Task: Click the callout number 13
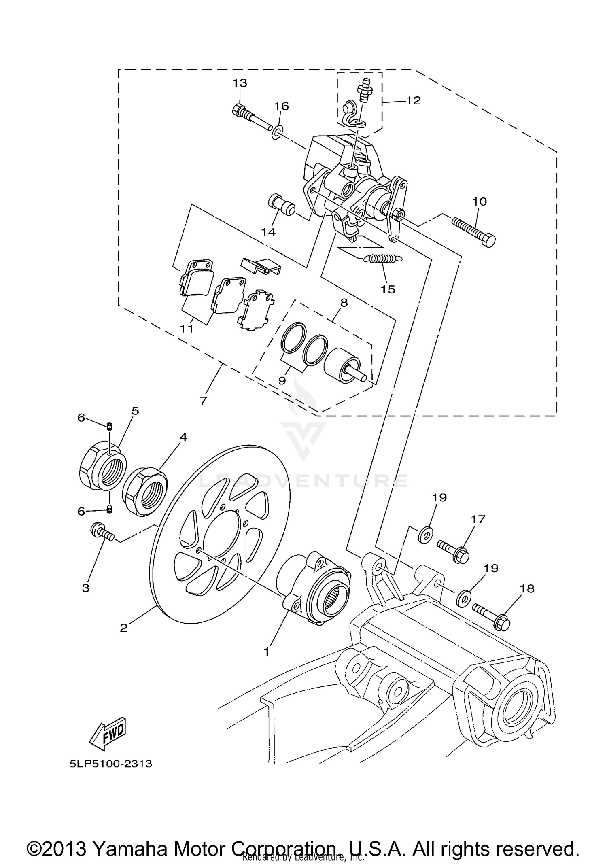click(240, 83)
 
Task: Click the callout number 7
click(203, 400)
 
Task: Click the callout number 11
click(187, 328)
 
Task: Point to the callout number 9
click(282, 380)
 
